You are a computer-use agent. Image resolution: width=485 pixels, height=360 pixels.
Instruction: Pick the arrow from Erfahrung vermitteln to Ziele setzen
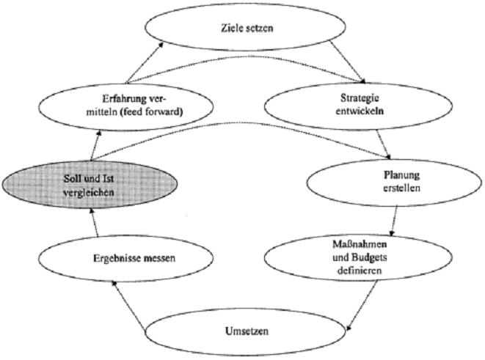coord(142,62)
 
